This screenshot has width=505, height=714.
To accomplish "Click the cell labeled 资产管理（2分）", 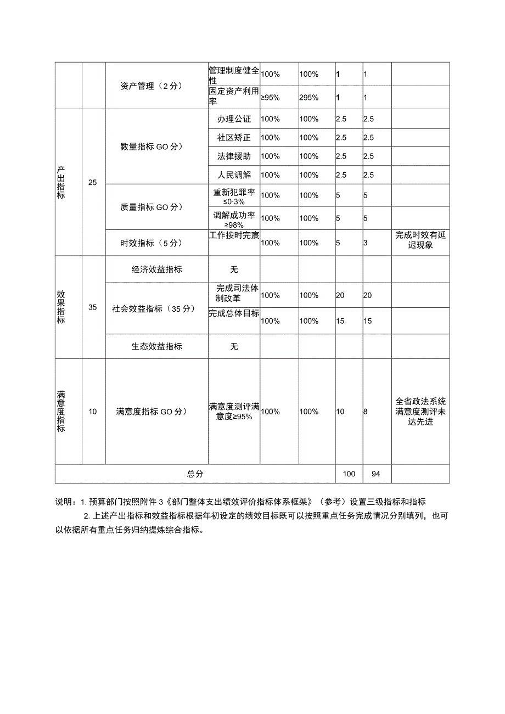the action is (150, 86).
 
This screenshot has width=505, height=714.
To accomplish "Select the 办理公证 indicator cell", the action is (234, 119).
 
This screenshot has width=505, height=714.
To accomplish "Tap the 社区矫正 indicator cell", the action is (234, 138).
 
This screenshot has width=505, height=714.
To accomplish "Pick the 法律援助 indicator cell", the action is (234, 156).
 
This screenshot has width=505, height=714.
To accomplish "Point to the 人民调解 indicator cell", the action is (234, 175).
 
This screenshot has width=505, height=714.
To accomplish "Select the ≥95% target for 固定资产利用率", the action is (270, 98).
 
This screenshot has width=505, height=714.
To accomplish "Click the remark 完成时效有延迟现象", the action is (420, 240).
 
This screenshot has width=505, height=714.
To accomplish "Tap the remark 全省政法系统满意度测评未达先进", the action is (420, 412).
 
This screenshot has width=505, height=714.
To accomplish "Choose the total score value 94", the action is (375, 474).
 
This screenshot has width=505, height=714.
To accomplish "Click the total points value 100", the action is (349, 474).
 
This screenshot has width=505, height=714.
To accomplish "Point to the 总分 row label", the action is (195, 474).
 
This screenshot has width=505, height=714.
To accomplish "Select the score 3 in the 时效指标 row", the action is (366, 243).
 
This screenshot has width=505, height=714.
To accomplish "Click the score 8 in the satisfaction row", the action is (366, 412).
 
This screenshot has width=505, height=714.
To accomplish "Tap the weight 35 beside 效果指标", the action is (93, 307).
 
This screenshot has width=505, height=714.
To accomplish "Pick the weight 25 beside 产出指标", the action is (93, 183).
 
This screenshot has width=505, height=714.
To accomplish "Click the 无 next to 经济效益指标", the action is (234, 270).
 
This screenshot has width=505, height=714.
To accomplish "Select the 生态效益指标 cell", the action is (156, 347).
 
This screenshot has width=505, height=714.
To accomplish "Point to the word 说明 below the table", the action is (64, 502).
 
